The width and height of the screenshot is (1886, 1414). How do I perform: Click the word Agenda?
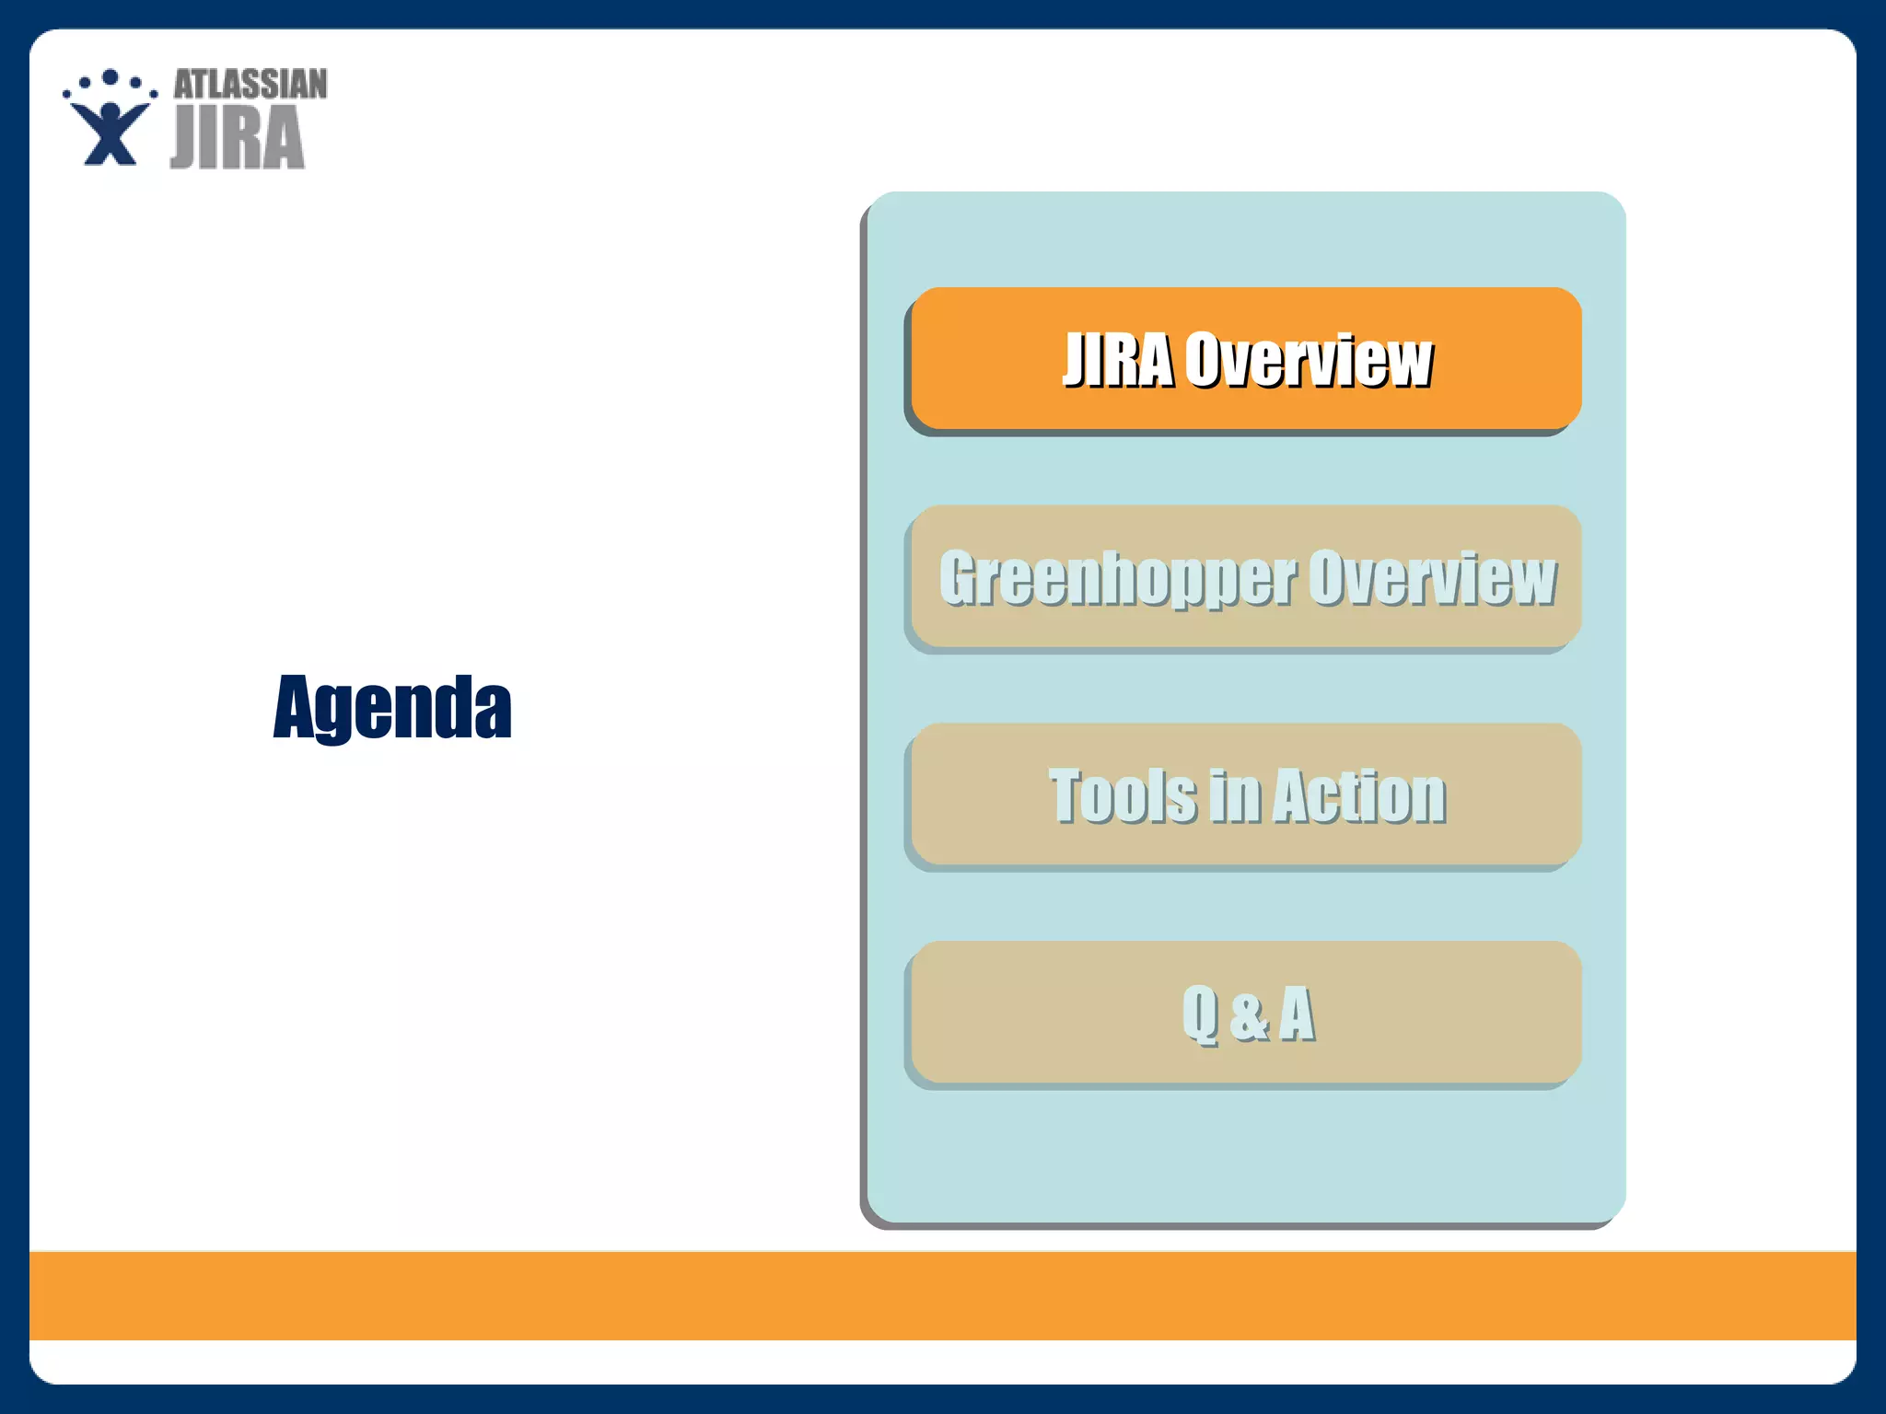click(x=392, y=707)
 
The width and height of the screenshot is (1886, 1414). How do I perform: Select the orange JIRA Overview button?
click(x=1246, y=358)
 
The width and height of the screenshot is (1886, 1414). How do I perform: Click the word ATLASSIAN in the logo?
click(x=250, y=85)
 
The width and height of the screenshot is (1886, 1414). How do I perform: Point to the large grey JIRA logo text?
click(x=238, y=138)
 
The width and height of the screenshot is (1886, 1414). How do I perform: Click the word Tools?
click(x=1123, y=796)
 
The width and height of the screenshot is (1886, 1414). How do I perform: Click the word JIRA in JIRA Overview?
click(x=1118, y=359)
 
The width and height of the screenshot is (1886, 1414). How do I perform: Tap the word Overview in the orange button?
click(x=1309, y=359)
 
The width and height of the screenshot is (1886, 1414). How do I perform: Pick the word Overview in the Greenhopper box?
click(x=1432, y=578)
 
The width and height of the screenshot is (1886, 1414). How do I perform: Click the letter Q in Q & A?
click(x=1201, y=1014)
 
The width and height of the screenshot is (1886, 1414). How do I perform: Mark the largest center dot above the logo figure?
click(x=111, y=77)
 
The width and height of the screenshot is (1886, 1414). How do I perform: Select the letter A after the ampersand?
click(x=1297, y=1014)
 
